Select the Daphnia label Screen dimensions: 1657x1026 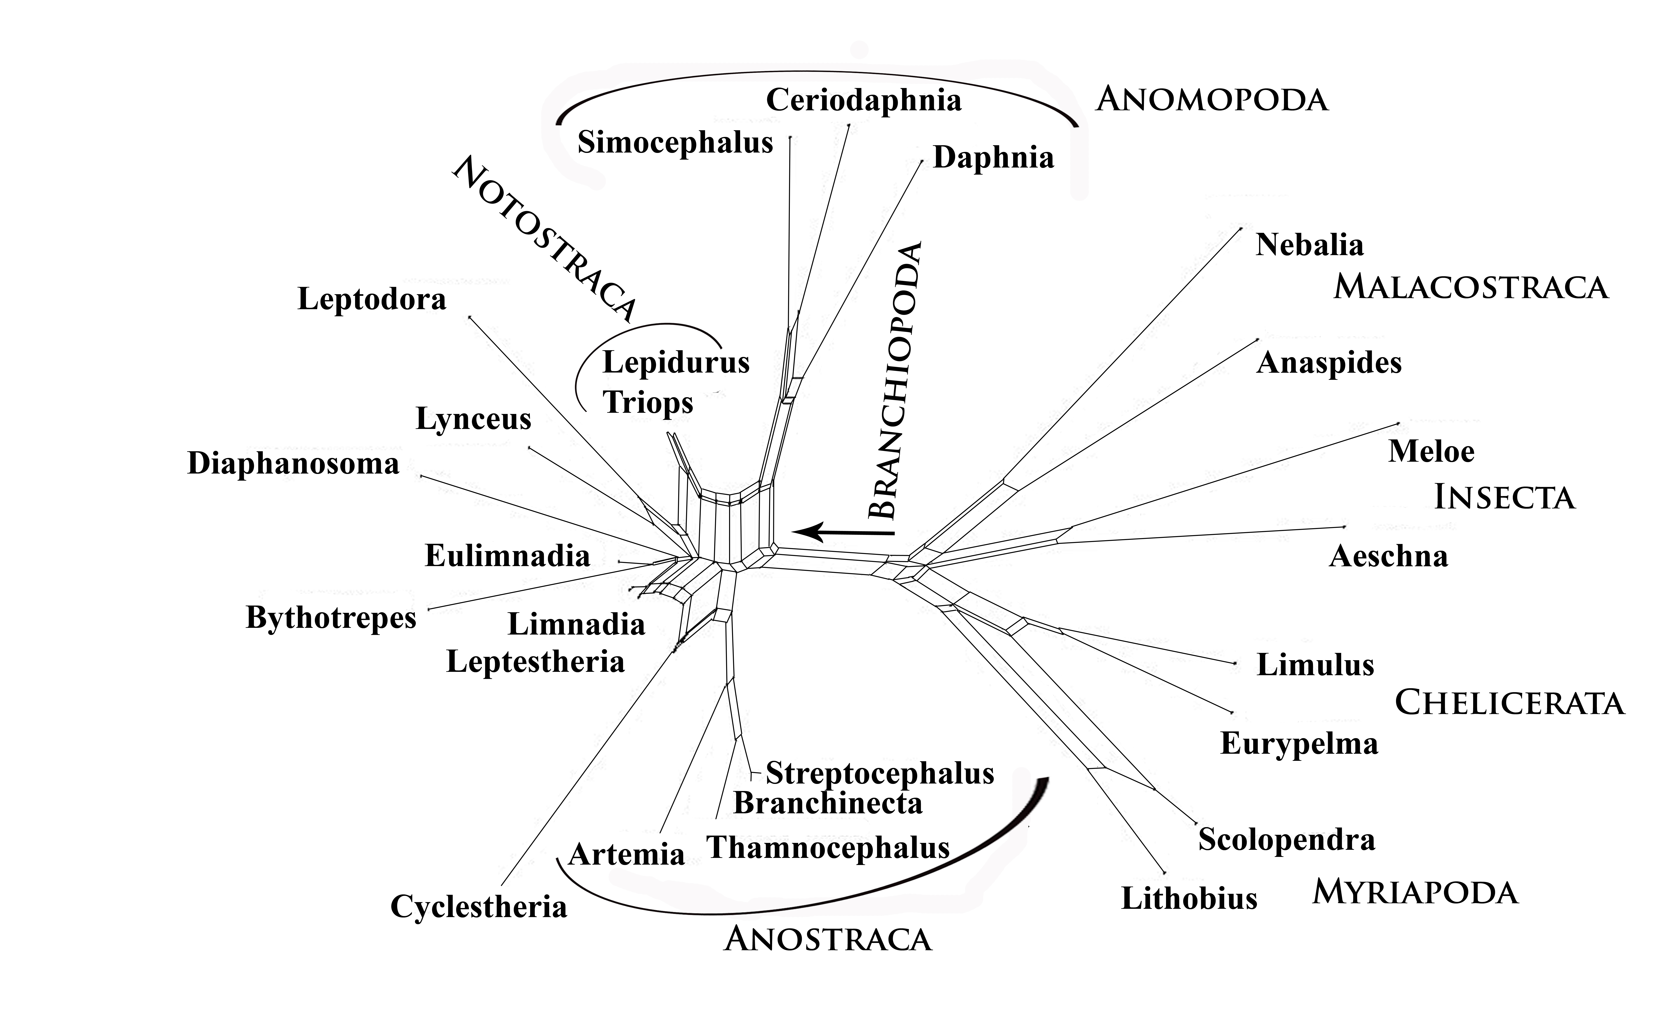(994, 158)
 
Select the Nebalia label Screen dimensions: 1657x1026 (1309, 245)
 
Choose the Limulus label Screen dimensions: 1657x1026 (1315, 665)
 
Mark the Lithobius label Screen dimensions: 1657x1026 (1189, 898)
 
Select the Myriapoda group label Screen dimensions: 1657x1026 (1415, 892)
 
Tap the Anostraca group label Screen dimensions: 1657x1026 (828, 940)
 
